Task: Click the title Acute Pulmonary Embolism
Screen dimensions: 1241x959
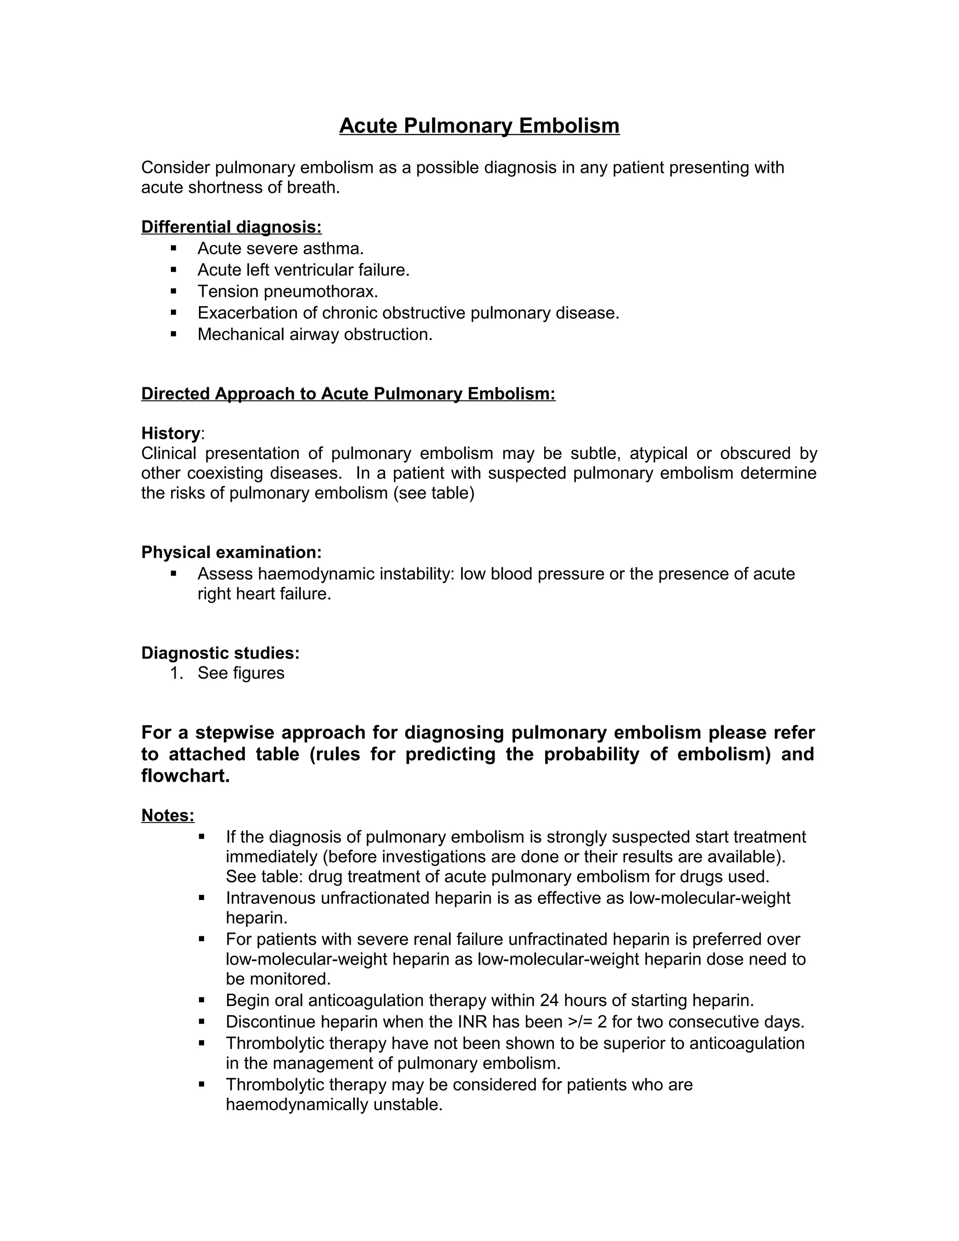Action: [479, 126]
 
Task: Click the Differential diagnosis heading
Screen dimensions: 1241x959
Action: [231, 227]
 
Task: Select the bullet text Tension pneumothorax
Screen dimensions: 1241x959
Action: [288, 291]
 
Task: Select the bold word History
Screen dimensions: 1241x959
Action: [170, 433]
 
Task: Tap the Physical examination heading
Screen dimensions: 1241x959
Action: [231, 552]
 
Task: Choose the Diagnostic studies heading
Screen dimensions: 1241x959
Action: [221, 653]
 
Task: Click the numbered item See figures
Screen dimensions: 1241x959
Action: [241, 673]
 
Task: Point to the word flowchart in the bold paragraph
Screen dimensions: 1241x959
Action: [185, 776]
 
